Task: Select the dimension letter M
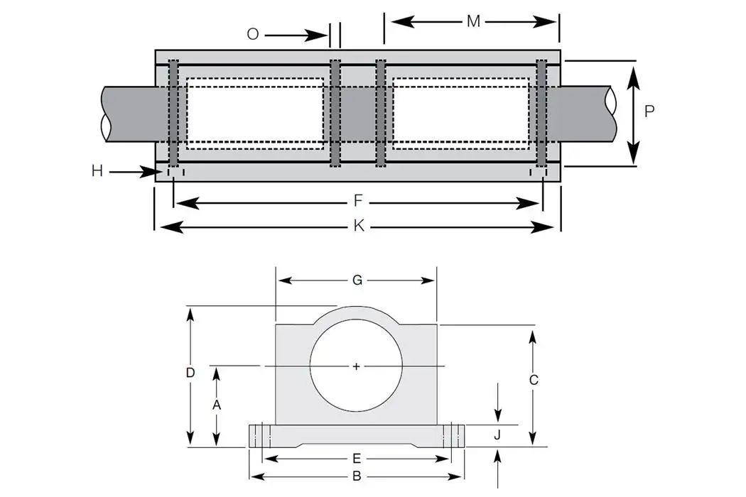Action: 473,21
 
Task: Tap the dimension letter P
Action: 649,111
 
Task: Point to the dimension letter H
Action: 97,170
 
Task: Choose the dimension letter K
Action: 359,226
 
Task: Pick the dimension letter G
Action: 357,280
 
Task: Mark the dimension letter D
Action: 190,373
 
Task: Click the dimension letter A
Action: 217,404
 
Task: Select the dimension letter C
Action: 534,380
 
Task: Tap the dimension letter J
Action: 498,435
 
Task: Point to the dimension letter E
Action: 357,457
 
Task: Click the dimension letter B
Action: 357,476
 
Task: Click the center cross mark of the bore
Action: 357,366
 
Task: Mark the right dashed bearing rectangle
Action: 460,114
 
